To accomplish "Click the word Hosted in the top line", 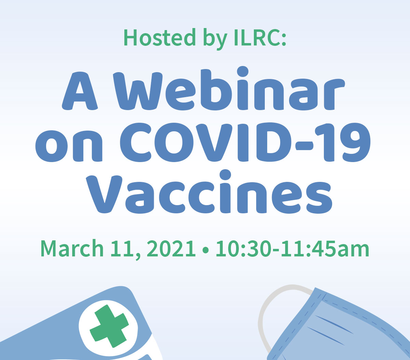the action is pyautogui.click(x=160, y=37).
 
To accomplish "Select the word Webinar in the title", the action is pyautogui.click(x=229, y=89).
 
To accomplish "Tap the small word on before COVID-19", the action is pyautogui.click(x=69, y=146).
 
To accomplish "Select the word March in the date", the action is pyautogui.click(x=72, y=248).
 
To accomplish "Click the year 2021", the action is pyautogui.click(x=171, y=249).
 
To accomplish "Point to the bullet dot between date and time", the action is pyautogui.click(x=205, y=250).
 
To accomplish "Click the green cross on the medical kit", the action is pyautogui.click(x=109, y=326).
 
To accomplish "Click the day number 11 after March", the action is pyautogui.click(x=123, y=249).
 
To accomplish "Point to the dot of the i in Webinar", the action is pyautogui.click(x=243, y=71).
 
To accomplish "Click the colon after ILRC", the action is pyautogui.click(x=284, y=39).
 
